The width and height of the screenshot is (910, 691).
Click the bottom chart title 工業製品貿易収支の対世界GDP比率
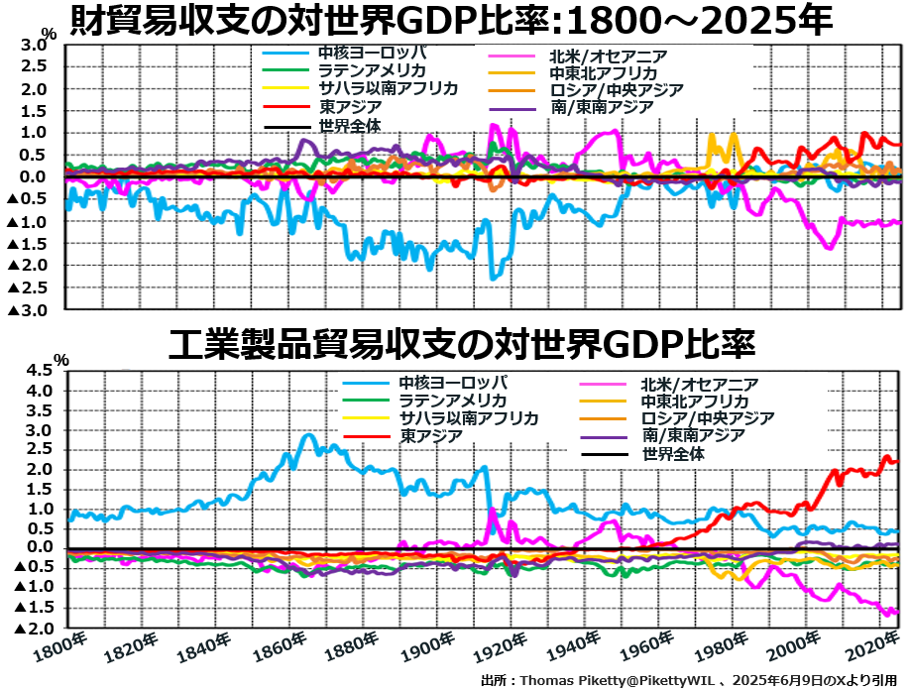[x=462, y=344]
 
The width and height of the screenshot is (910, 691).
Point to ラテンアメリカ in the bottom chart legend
[x=453, y=400]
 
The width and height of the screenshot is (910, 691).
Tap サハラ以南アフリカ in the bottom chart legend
[x=469, y=417]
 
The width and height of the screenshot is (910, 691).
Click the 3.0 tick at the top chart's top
[x=33, y=46]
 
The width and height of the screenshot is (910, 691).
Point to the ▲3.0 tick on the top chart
[x=27, y=310]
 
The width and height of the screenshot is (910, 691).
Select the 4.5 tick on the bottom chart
[x=37, y=370]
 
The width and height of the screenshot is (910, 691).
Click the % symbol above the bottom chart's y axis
[x=61, y=359]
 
